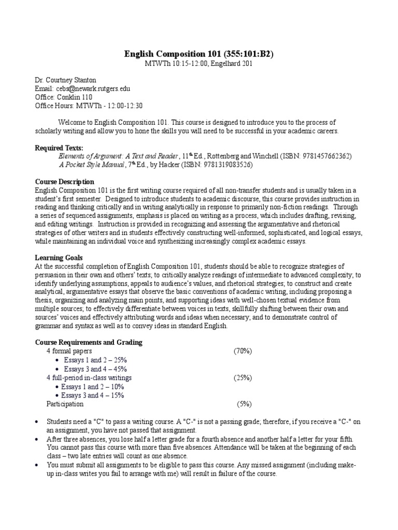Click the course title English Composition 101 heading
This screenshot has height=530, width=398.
(199, 53)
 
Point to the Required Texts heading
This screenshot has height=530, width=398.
(59, 148)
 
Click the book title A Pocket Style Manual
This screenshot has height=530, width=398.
(92, 165)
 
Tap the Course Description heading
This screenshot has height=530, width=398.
(64, 182)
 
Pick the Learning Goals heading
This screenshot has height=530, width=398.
(59, 257)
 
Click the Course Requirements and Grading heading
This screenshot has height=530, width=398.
(88, 342)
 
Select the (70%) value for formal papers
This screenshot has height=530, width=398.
(243, 351)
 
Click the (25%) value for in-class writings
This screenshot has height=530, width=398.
(243, 377)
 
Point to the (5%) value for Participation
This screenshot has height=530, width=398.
(244, 404)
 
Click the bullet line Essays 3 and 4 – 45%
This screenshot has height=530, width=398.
(95, 369)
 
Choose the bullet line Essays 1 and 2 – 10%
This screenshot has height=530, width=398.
(93, 386)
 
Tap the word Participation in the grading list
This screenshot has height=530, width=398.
(65, 404)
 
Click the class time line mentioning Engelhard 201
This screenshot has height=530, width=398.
(199, 63)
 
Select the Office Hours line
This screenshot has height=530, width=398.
(89, 105)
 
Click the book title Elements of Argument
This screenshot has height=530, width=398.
(118, 156)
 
